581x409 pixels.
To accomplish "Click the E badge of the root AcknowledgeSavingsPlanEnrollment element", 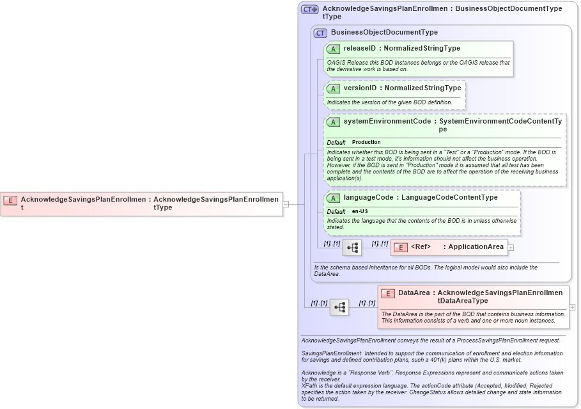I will pyautogui.click(x=10, y=200).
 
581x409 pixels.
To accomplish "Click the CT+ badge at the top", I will pyautogui.click(x=310, y=10).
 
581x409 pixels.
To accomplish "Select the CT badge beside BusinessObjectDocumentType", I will pyautogui.click(x=320, y=33).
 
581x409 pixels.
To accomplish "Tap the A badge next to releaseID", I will pyautogui.click(x=333, y=49).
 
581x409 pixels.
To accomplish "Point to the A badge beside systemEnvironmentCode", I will pyautogui.click(x=333, y=122).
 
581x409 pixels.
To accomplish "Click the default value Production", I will pyautogui.click(x=366, y=142).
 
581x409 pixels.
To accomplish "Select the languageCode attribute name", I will pyautogui.click(x=368, y=198).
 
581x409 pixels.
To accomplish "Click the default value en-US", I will pyautogui.click(x=360, y=211).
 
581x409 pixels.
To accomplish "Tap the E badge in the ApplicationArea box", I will pyautogui.click(x=400, y=247).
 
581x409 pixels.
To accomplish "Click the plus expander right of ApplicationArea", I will pyautogui.click(x=511, y=247).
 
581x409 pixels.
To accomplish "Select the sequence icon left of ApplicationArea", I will pyautogui.click(x=352, y=248).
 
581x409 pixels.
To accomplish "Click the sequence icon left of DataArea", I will pyautogui.click(x=339, y=307).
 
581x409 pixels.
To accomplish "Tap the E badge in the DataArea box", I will pyautogui.click(x=387, y=293).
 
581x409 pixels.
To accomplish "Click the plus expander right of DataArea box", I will pyautogui.click(x=572, y=307).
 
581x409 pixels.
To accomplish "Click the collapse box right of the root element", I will pyautogui.click(x=286, y=204).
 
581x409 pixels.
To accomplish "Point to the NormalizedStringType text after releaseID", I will pyautogui.click(x=422, y=49).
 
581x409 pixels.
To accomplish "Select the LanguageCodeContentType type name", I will pyautogui.click(x=449, y=198).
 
